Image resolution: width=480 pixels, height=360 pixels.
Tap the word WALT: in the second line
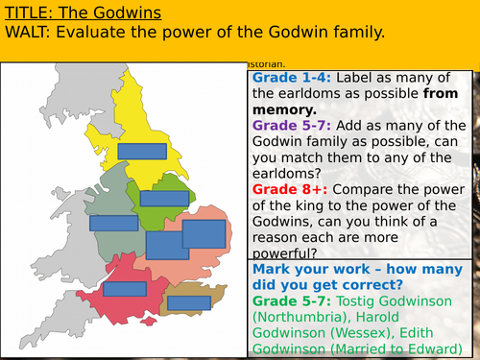(x=29, y=33)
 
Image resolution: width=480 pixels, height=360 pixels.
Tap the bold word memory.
(x=284, y=109)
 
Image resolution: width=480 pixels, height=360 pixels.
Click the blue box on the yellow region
(x=142, y=151)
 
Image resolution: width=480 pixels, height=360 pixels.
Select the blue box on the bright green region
(x=164, y=199)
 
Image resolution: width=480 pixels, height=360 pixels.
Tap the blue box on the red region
(x=124, y=289)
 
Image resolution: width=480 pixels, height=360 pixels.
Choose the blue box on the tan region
(x=189, y=302)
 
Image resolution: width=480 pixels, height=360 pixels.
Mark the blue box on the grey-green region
(x=114, y=223)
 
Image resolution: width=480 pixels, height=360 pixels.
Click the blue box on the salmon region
(x=203, y=234)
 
